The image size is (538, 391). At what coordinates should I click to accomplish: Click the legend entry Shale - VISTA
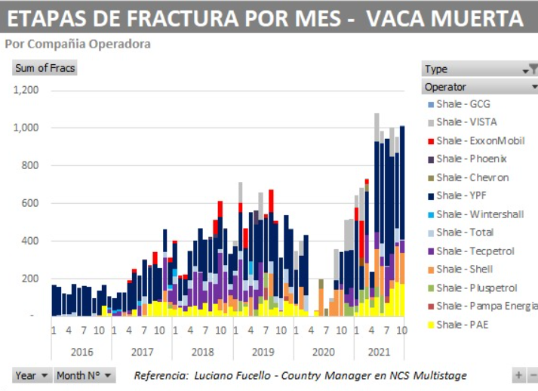coord(466,122)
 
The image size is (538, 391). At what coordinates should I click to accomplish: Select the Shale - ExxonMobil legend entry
coord(476,140)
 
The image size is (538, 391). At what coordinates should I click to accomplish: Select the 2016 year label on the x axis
coord(81,352)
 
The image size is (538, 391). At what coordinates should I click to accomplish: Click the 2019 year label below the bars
coord(263,352)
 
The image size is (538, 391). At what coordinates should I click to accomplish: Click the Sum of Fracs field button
coord(45,68)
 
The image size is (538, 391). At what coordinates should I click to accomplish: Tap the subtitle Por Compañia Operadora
coord(78,44)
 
